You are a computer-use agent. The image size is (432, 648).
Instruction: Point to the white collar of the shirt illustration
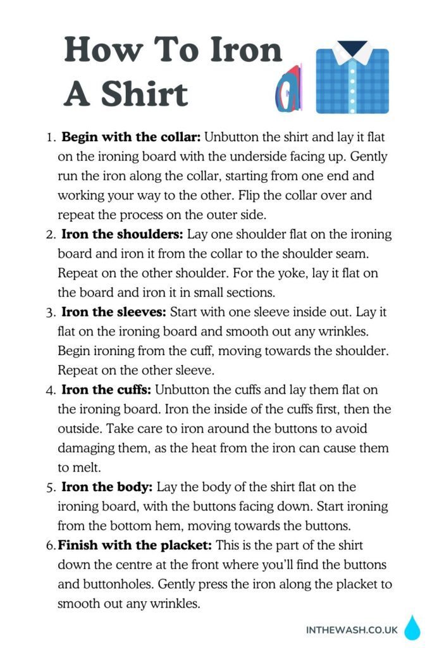(x=352, y=53)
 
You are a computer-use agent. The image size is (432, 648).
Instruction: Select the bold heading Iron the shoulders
(x=122, y=234)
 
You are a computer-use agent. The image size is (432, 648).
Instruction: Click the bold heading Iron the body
(x=106, y=487)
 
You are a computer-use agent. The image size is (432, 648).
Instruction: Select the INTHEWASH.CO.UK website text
(x=352, y=630)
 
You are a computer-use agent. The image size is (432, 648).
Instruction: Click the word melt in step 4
(x=82, y=468)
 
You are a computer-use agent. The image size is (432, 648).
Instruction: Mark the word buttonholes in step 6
(x=125, y=584)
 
